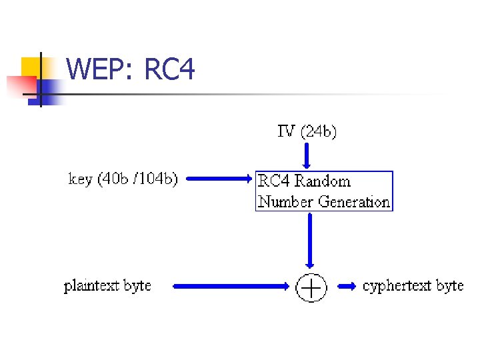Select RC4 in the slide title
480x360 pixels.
(169, 69)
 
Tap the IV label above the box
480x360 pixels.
(287, 131)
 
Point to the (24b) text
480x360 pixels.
(319, 131)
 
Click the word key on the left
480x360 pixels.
(81, 179)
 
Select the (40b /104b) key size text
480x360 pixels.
(137, 179)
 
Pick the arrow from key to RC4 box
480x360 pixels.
(220, 179)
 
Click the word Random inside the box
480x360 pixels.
(323, 181)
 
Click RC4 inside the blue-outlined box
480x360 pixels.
(274, 181)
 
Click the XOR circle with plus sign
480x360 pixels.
(311, 287)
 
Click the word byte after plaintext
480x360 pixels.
(138, 287)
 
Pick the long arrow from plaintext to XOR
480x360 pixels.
(233, 287)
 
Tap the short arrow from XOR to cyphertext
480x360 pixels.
(347, 287)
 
